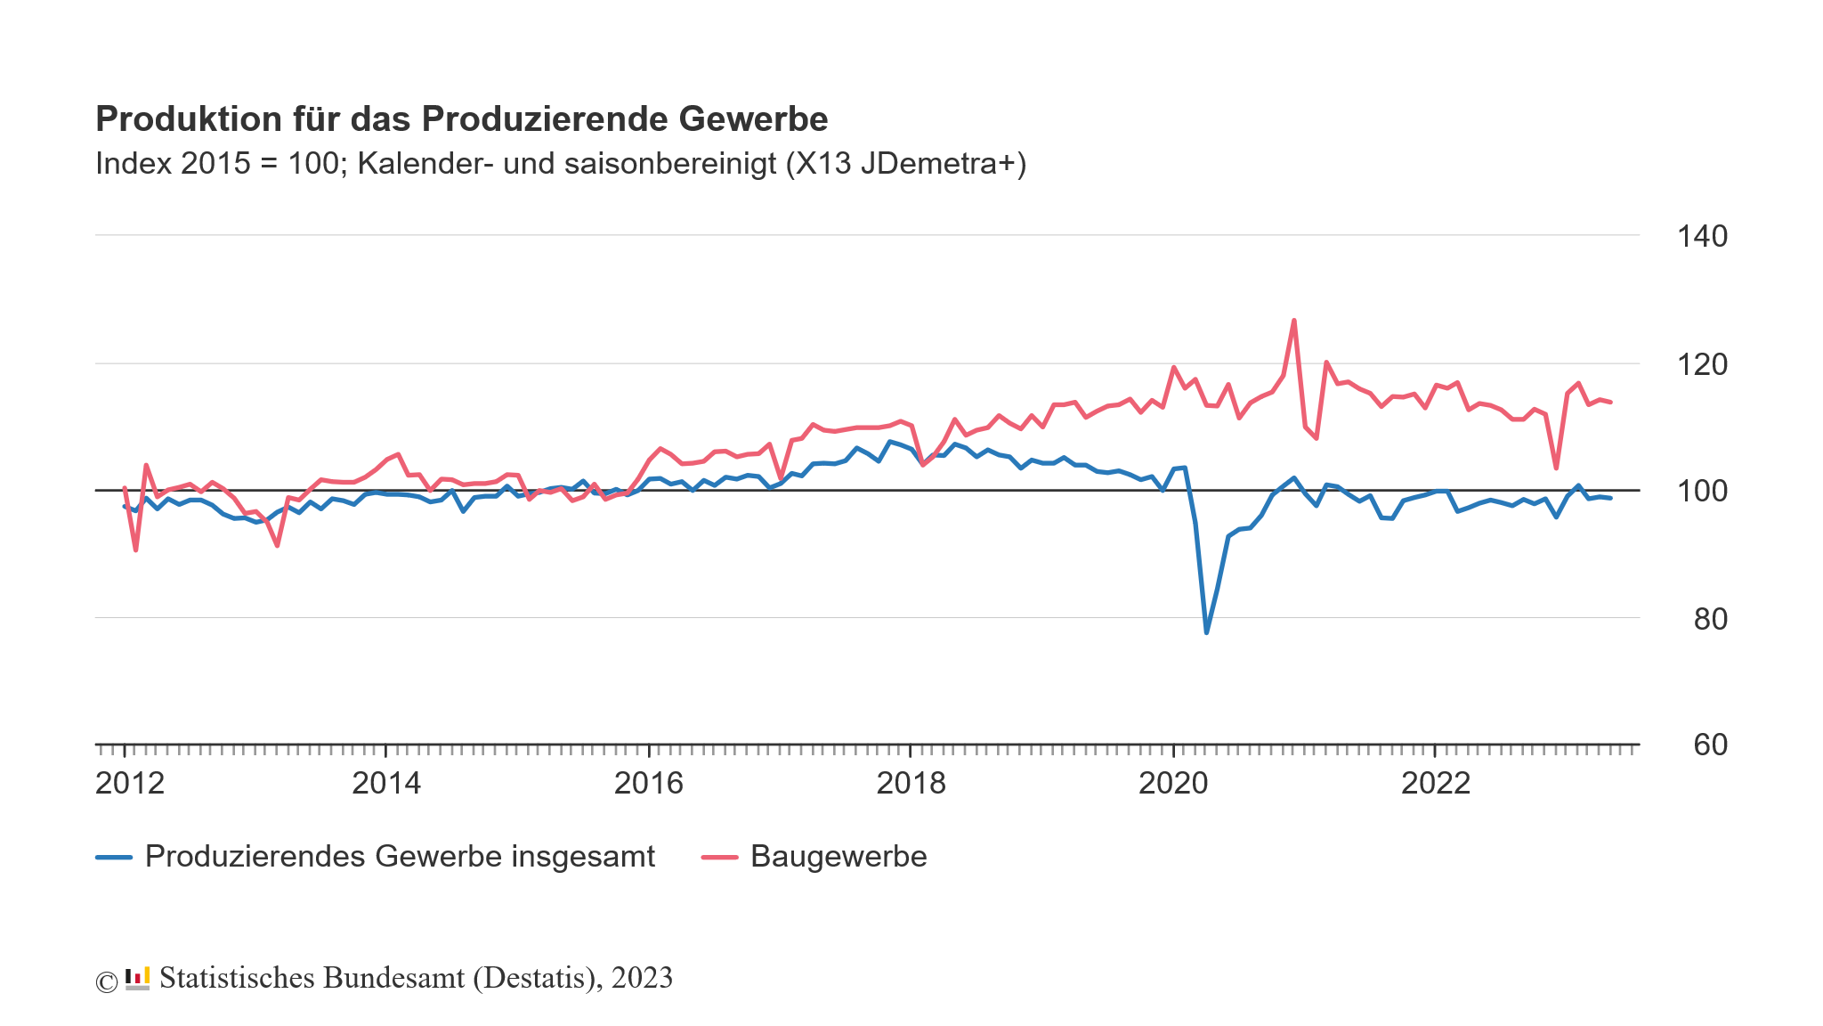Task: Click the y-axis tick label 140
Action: point(1701,237)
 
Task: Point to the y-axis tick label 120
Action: point(1701,364)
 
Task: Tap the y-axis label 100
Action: point(1701,492)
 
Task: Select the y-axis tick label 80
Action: point(1710,619)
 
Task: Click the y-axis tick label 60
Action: point(1710,745)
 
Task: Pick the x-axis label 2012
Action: point(130,784)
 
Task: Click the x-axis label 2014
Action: point(386,784)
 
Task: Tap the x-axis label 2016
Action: point(649,784)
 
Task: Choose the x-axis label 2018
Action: point(911,784)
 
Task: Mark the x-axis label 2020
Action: point(1173,784)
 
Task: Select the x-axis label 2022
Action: point(1436,784)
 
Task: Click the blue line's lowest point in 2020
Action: point(1206,632)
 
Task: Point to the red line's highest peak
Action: point(1293,321)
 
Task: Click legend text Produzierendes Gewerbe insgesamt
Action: point(400,857)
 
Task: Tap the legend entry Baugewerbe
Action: point(838,857)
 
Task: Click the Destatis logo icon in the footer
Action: point(137,979)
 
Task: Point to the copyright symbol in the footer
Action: point(106,981)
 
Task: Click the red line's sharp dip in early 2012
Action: point(135,550)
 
